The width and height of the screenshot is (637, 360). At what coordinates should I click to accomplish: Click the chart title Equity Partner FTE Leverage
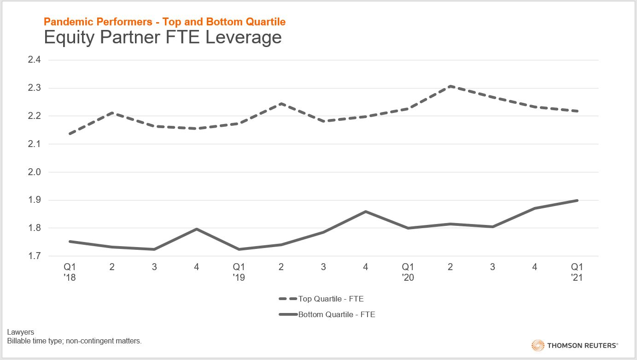[x=163, y=37]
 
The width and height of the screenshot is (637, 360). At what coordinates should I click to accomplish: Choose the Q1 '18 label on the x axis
[x=70, y=271]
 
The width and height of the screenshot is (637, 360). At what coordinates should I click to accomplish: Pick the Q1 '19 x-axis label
[x=239, y=271]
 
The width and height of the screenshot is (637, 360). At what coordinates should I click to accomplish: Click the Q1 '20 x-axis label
[x=408, y=271]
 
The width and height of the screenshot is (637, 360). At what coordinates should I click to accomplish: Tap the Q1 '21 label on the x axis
[x=577, y=271]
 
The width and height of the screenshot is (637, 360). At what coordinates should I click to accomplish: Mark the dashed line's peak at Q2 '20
[x=450, y=86]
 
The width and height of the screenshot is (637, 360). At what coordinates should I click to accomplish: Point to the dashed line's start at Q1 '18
[x=70, y=134]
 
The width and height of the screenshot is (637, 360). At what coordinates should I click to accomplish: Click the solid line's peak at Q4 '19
[x=366, y=212]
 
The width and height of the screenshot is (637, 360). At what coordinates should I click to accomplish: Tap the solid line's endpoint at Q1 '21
[x=577, y=201]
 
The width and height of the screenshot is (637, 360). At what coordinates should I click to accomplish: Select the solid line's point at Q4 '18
[x=197, y=229]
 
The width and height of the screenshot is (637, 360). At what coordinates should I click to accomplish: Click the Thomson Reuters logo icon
[x=538, y=345]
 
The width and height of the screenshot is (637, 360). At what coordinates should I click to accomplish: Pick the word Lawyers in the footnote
[x=21, y=332]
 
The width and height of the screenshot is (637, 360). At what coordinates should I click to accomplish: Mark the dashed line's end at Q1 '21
[x=577, y=111]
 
